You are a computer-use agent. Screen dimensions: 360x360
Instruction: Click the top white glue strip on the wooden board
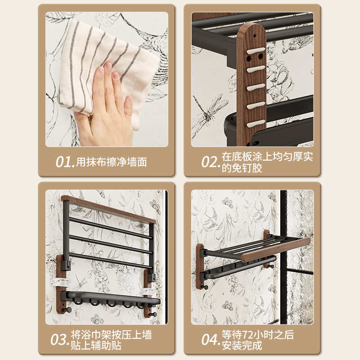coord(256,51)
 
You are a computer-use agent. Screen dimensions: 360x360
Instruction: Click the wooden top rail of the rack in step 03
coord(108,209)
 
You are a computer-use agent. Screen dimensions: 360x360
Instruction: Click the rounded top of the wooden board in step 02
coord(251,31)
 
